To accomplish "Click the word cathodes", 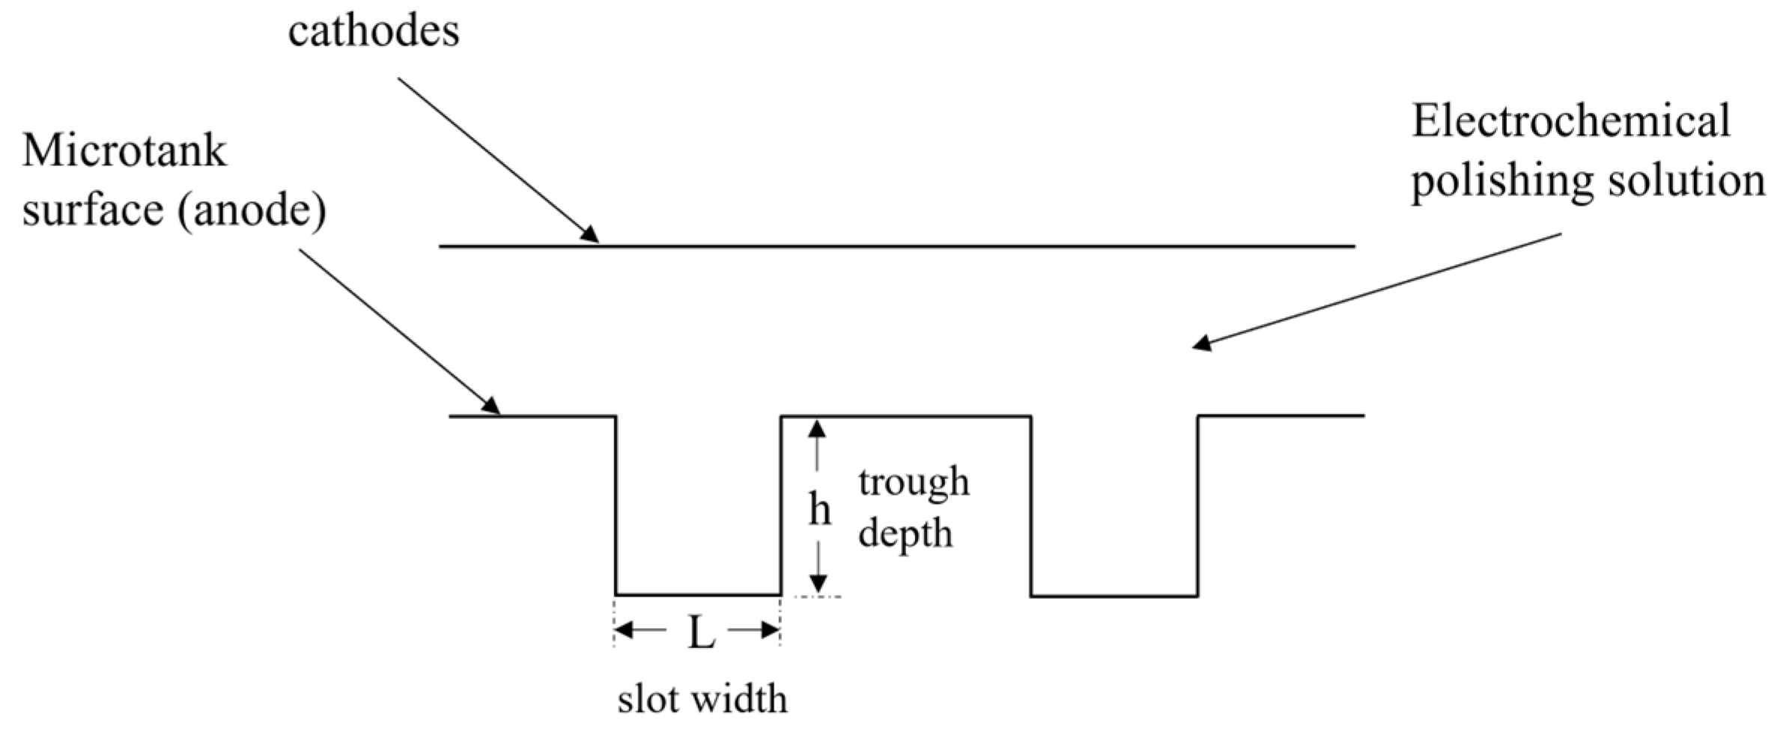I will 374,33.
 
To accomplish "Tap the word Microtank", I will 124,151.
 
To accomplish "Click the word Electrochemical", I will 1570,121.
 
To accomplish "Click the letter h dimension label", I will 820,510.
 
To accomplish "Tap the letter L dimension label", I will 701,635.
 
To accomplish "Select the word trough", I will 914,483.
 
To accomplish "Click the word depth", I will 905,534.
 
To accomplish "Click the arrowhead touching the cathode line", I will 590,234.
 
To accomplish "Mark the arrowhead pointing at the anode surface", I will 490,405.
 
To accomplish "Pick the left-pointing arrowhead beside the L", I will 625,630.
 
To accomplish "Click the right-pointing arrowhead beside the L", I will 770,630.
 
